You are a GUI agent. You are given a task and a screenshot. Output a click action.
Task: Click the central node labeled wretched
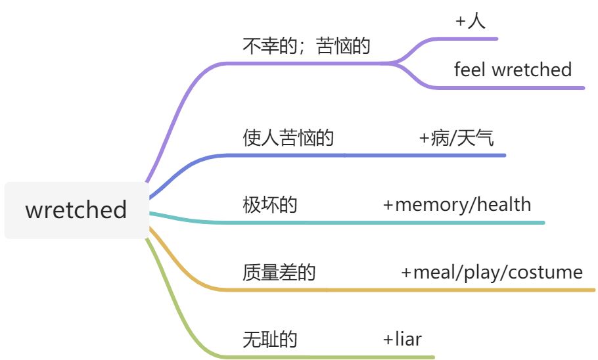(x=76, y=210)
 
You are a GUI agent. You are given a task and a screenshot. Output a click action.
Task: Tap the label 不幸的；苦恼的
(x=306, y=47)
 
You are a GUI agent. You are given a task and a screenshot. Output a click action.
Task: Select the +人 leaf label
(x=470, y=21)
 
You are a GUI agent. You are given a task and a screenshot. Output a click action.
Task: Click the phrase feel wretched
(x=513, y=70)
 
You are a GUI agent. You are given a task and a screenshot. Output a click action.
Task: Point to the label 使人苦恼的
(x=288, y=138)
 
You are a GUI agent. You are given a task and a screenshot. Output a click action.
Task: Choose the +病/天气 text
(x=457, y=138)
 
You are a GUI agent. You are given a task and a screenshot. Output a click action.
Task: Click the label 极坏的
(x=269, y=205)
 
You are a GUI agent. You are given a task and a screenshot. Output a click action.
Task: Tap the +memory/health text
(x=457, y=205)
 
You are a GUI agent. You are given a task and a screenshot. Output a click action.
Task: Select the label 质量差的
(x=279, y=273)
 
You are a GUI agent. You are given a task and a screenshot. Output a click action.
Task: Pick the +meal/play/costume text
(x=492, y=273)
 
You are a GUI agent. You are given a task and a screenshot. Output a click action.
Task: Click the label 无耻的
(x=269, y=340)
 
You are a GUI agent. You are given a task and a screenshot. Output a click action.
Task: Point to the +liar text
(x=402, y=340)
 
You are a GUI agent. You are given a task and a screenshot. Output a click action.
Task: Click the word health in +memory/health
(x=504, y=205)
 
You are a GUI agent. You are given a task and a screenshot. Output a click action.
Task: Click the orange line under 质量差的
(x=394, y=289)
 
